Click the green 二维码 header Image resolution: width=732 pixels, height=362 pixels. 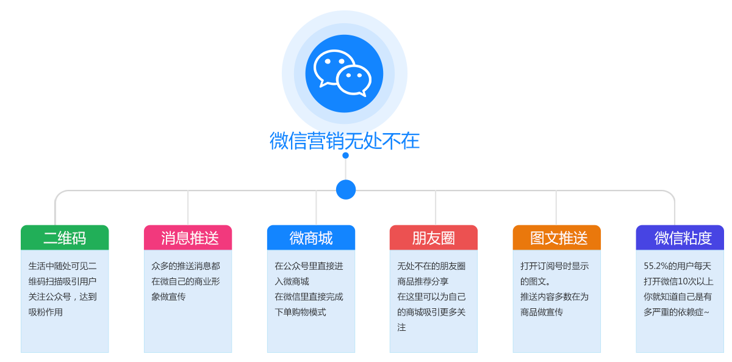[x=65, y=237]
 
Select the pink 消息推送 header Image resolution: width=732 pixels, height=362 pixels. [x=188, y=237]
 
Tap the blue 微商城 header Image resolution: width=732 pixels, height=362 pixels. [x=311, y=237]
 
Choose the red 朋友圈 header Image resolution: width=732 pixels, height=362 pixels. [x=434, y=237]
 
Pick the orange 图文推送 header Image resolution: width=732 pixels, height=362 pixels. [x=557, y=237]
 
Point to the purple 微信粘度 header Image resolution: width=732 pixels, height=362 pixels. [x=680, y=237]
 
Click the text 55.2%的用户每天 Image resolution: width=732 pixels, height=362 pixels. [x=677, y=266]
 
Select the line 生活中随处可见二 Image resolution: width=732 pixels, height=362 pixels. [x=62, y=266]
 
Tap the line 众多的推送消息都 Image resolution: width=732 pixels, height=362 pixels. [x=185, y=266]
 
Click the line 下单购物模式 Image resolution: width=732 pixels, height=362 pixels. [x=300, y=312]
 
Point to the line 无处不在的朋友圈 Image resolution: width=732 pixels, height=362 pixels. [x=431, y=266]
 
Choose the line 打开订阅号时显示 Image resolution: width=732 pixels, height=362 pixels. [x=554, y=266]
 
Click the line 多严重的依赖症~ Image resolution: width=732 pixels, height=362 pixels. [x=676, y=312]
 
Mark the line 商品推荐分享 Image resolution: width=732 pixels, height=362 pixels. [x=423, y=281]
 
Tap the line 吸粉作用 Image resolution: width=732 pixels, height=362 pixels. [x=46, y=312]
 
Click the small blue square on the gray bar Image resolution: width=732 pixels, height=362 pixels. [x=346, y=189]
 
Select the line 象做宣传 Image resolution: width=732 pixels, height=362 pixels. [x=168, y=297]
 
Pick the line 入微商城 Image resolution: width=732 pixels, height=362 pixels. [x=292, y=281]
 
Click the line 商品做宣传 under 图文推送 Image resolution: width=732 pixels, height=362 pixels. [x=542, y=312]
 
